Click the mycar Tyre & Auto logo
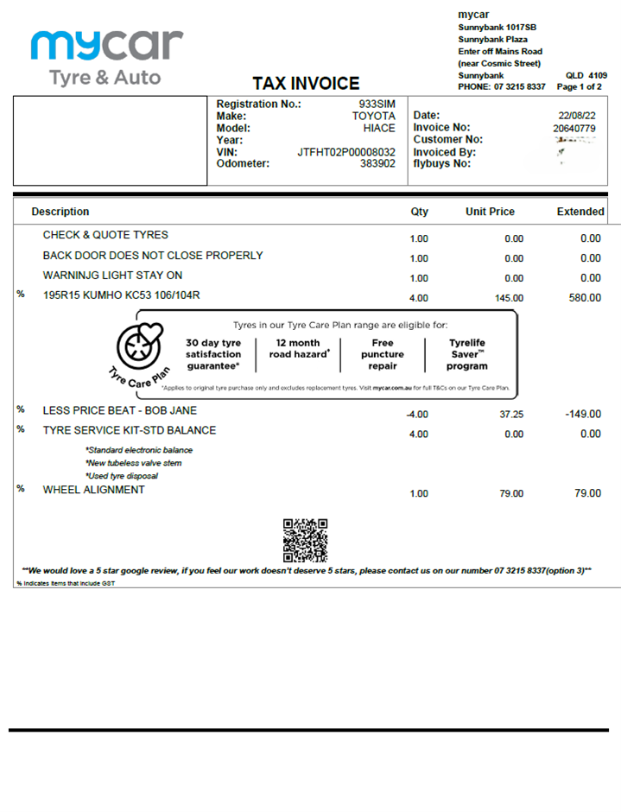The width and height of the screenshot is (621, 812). click(x=106, y=57)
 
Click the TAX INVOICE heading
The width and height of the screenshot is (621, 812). click(x=306, y=84)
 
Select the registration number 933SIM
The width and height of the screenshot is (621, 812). click(x=377, y=104)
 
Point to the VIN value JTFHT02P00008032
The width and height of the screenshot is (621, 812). click(x=346, y=151)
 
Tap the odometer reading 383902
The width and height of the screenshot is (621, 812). click(x=377, y=163)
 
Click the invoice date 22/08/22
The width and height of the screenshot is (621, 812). click(x=577, y=116)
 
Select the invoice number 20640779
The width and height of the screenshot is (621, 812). click(x=574, y=128)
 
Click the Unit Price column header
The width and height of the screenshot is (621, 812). click(x=490, y=212)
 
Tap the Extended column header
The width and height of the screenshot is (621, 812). click(x=580, y=212)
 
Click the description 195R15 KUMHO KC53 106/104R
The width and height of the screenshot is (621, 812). click(x=122, y=295)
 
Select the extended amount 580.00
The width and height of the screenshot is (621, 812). click(x=584, y=298)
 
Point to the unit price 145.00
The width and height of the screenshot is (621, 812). click(x=507, y=298)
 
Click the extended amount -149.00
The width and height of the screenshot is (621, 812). click(x=582, y=414)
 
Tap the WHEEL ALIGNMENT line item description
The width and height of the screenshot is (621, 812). click(x=94, y=490)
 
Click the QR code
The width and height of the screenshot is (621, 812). click(x=305, y=541)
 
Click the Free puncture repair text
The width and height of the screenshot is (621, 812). click(x=383, y=354)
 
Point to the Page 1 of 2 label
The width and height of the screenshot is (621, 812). click(x=580, y=87)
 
